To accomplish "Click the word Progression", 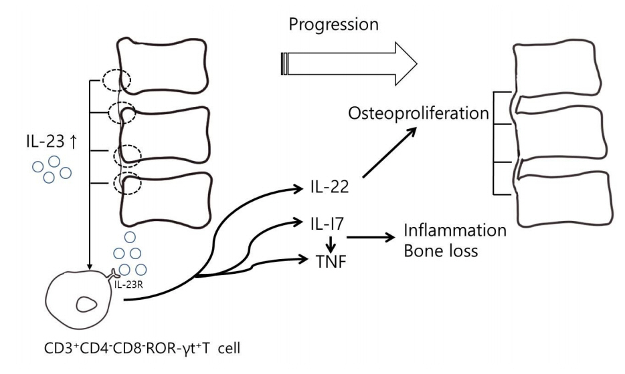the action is (x=334, y=25).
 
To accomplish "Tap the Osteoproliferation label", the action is (x=418, y=114).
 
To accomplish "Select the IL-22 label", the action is (x=330, y=186).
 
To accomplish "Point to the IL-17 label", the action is (x=327, y=224).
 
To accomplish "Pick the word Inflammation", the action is (x=455, y=230).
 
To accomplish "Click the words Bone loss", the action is (x=440, y=251).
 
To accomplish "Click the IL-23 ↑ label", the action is (x=52, y=142).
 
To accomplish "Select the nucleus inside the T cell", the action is (x=86, y=305).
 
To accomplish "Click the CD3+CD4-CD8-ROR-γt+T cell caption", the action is (x=143, y=349).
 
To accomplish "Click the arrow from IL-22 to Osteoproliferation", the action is (x=389, y=152).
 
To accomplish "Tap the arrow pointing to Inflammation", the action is (x=371, y=238).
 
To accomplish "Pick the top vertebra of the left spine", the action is (x=162, y=66).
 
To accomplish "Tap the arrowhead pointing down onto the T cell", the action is (x=90, y=266).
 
